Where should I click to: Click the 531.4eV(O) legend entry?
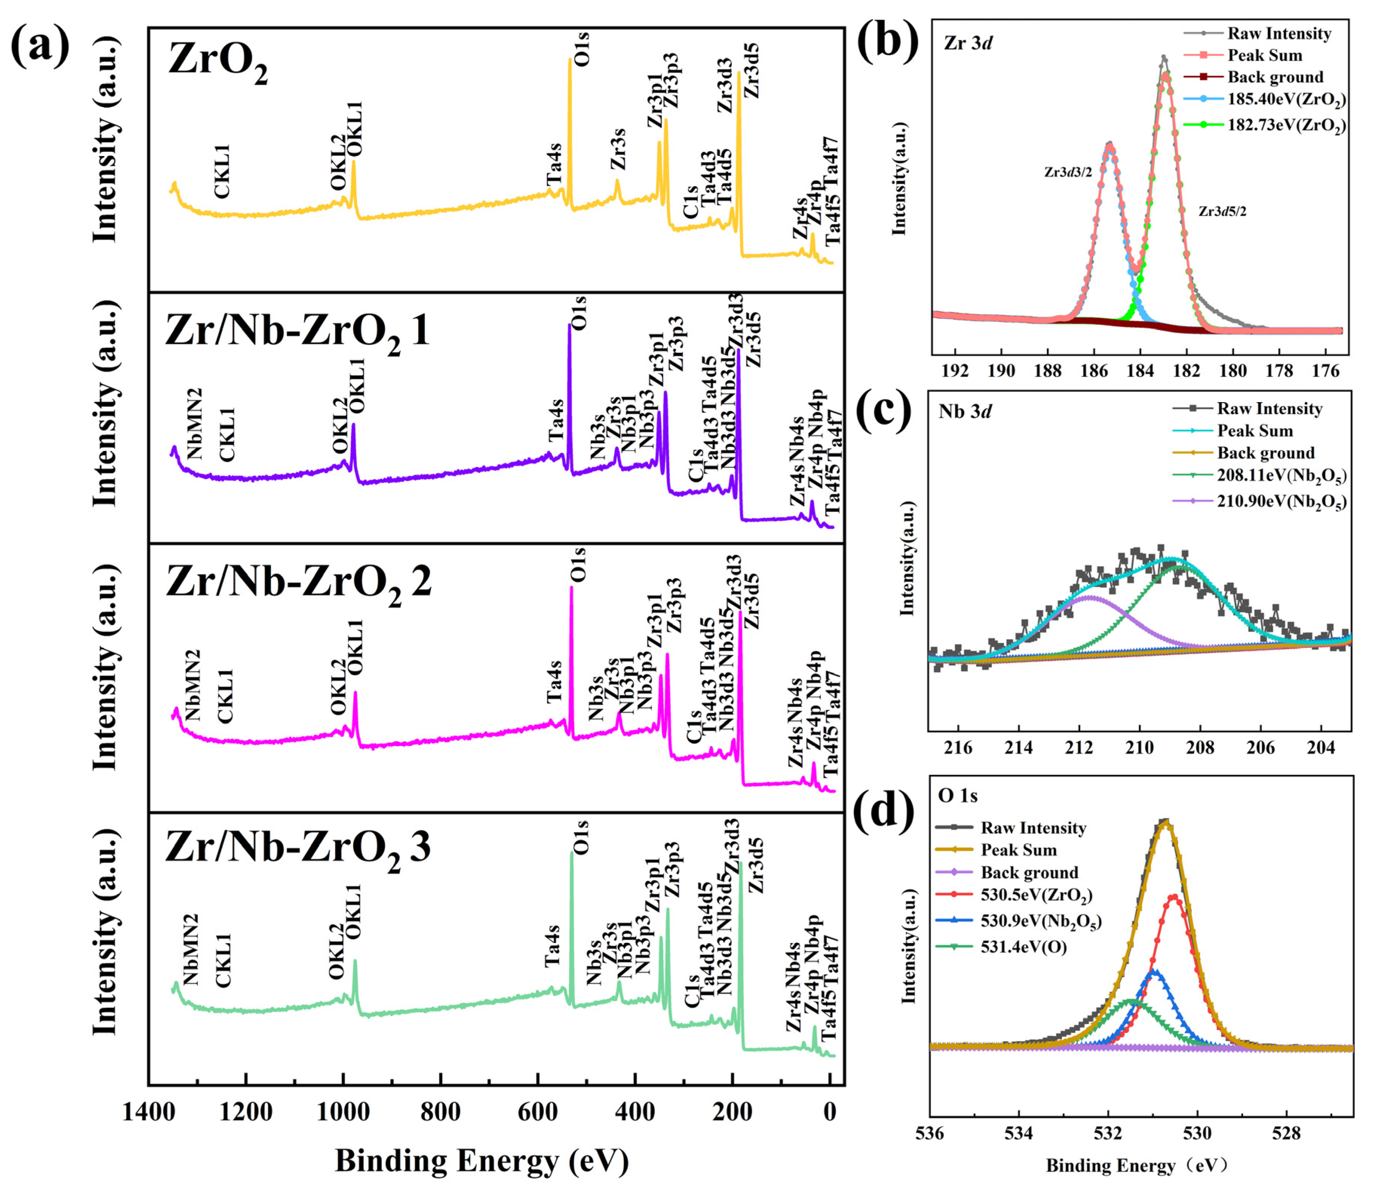coord(1023,947)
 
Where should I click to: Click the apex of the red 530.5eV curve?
coord(1174,896)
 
